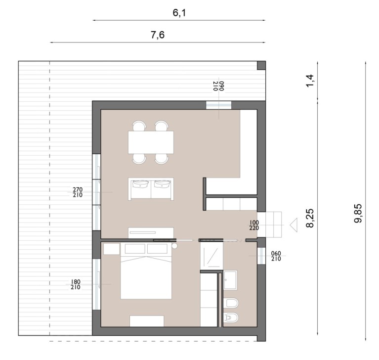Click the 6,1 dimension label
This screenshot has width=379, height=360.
pyautogui.click(x=179, y=12)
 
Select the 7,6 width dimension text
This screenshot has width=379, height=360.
pyautogui.click(x=158, y=35)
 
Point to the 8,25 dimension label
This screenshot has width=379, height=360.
pyautogui.click(x=310, y=218)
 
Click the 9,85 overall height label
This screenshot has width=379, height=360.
pyautogui.click(x=358, y=213)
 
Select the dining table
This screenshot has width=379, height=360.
pyautogui.click(x=151, y=142)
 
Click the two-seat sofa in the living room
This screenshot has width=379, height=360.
pyautogui.click(x=151, y=189)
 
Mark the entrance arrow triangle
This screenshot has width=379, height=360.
pyautogui.click(x=294, y=225)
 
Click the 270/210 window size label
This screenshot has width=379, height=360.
pyautogui.click(x=78, y=192)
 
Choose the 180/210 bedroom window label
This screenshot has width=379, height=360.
pyautogui.click(x=76, y=284)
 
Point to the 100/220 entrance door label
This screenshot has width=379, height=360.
pyautogui.click(x=254, y=225)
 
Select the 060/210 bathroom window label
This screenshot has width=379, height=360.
pyautogui.click(x=276, y=256)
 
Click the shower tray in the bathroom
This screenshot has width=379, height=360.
pyautogui.click(x=212, y=256)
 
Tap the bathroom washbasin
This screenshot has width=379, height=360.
pyautogui.click(x=230, y=280)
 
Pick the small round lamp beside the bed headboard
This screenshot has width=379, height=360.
pyautogui.click(x=174, y=246)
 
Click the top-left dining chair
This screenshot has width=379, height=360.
pyautogui.click(x=139, y=126)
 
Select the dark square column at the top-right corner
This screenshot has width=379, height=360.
pyautogui.click(x=261, y=65)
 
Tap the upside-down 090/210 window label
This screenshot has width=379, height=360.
pyautogui.click(x=219, y=86)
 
